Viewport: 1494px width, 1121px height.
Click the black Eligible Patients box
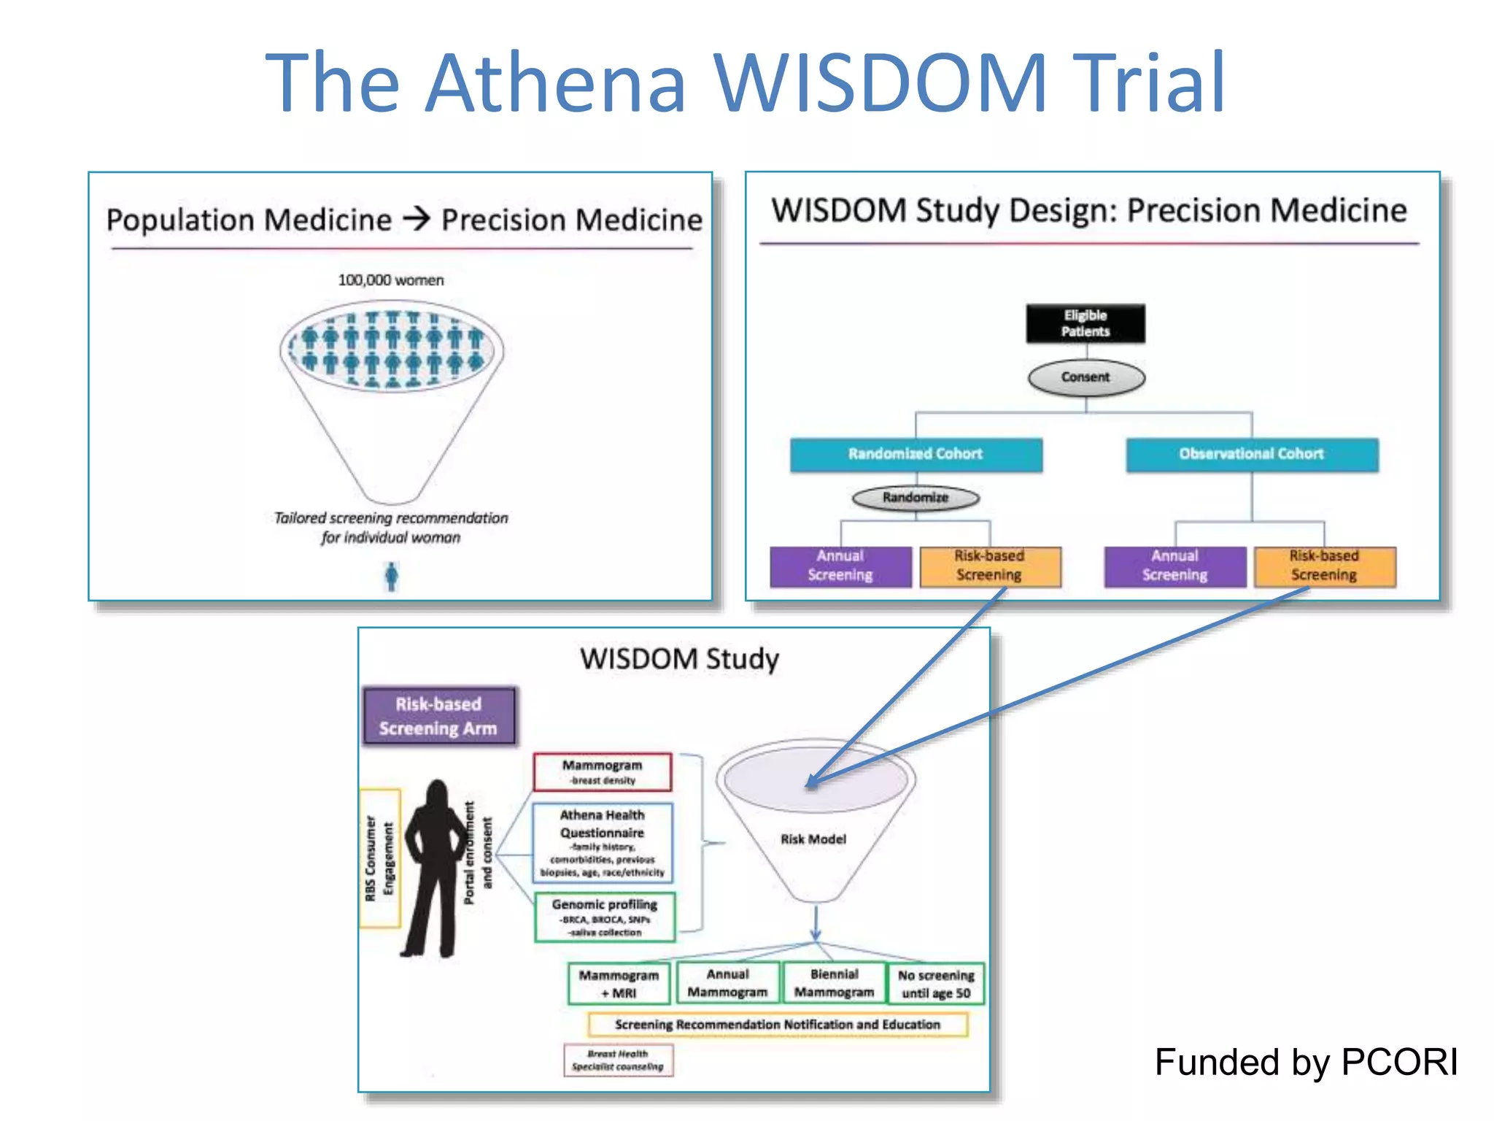point(1085,323)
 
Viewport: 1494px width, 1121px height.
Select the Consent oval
point(1085,377)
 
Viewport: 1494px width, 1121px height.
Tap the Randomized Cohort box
point(916,454)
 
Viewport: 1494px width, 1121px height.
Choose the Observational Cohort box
point(1251,454)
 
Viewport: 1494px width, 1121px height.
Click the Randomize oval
point(916,498)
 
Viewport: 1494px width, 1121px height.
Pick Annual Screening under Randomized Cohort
point(840,566)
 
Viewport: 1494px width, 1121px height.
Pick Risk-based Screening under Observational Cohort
point(1324,566)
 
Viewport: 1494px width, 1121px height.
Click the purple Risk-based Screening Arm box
point(438,716)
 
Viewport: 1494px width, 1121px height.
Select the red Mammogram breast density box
point(602,772)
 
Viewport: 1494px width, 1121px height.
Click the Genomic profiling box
point(605,917)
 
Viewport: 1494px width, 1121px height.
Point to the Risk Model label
point(813,839)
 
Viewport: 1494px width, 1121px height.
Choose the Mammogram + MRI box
point(619,984)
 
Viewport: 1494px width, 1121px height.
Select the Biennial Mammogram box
point(834,983)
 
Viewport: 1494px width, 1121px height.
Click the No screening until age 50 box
point(936,984)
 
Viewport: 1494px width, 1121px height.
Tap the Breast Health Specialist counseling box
point(618,1060)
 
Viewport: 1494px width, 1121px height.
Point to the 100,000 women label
point(391,280)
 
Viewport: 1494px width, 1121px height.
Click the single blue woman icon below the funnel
point(392,577)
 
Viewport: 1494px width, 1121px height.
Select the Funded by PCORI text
point(1306,1062)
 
